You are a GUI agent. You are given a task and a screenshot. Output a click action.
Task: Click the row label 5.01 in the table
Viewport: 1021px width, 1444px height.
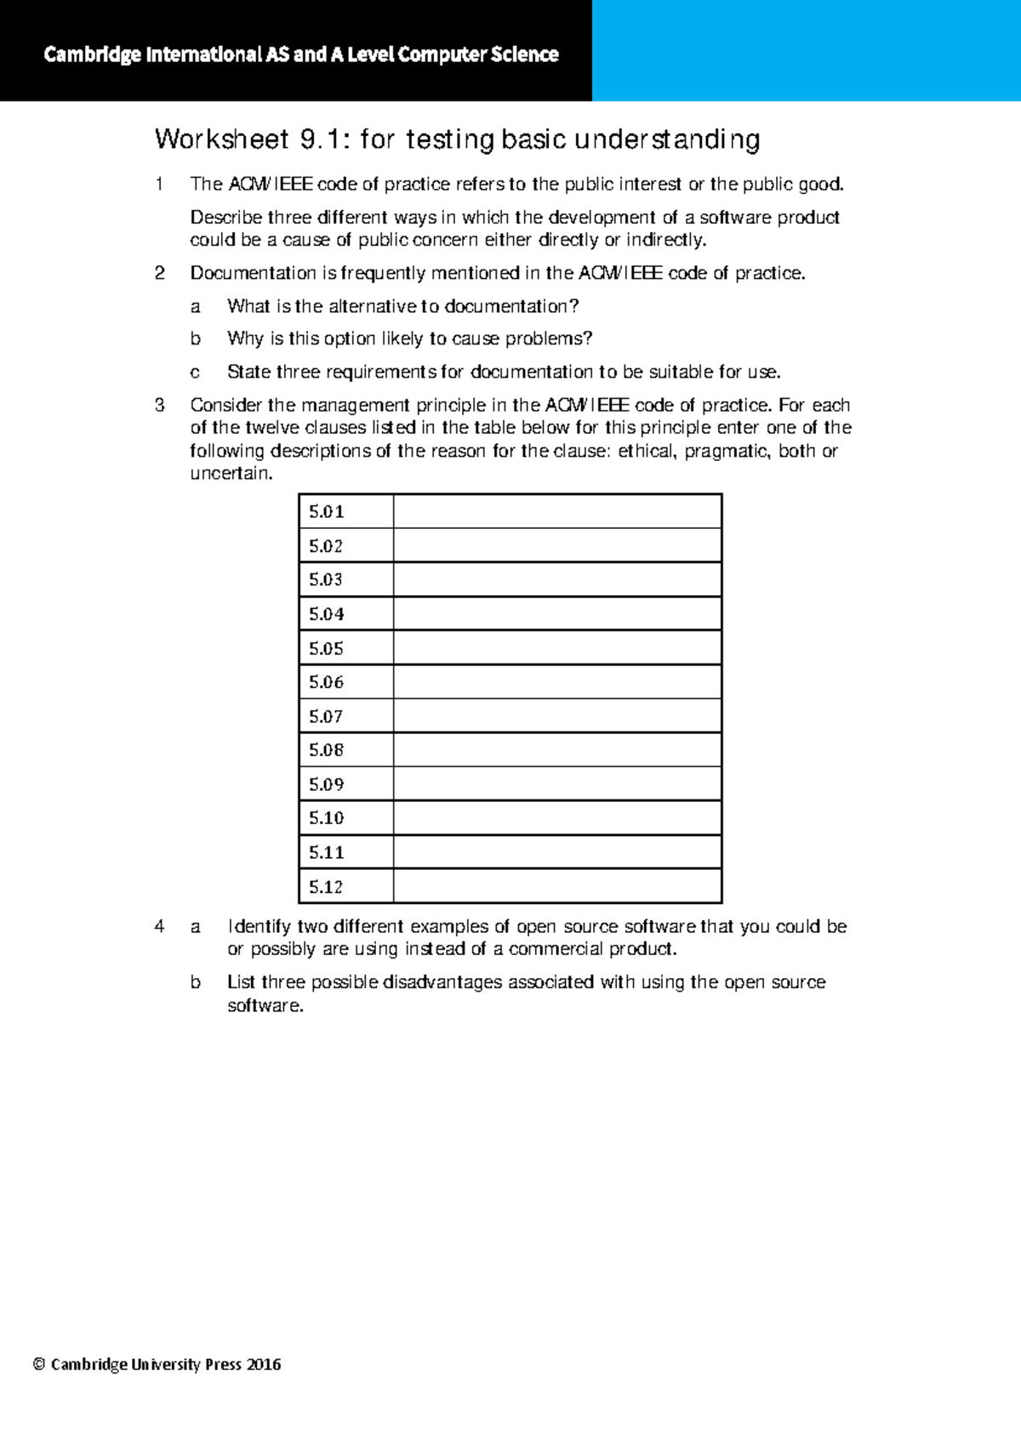click(326, 512)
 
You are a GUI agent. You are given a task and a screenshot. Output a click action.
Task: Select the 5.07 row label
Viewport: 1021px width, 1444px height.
click(326, 717)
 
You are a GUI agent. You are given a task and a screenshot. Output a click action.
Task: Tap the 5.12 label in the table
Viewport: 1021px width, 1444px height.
click(326, 887)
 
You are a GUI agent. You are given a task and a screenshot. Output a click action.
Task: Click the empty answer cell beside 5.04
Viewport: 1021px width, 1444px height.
click(557, 614)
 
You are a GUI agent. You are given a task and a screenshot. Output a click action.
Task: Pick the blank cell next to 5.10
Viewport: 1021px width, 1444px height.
click(557, 818)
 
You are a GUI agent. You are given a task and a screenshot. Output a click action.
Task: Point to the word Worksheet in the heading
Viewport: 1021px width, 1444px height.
click(222, 139)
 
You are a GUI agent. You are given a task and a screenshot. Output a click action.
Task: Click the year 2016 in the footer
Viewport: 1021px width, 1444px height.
click(263, 1364)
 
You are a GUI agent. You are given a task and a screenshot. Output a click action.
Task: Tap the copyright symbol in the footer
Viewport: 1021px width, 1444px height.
click(38, 1365)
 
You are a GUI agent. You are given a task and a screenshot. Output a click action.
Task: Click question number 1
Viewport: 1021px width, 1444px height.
click(159, 184)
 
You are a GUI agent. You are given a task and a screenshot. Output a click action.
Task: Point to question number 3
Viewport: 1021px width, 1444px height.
click(159, 405)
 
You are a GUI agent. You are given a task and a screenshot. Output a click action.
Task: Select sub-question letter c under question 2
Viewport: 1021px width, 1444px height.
click(195, 372)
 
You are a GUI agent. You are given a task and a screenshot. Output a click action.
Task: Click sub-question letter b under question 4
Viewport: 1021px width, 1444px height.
click(195, 982)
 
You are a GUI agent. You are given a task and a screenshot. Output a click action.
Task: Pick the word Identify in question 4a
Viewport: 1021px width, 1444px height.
click(259, 926)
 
